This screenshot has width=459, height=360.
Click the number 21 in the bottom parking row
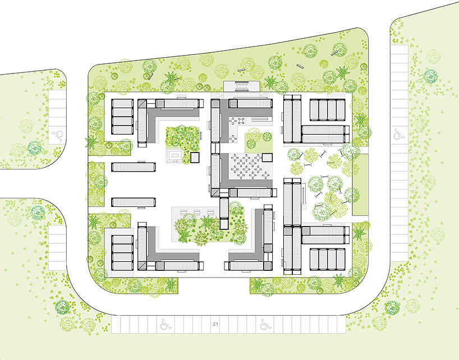pyautogui.click(x=215, y=324)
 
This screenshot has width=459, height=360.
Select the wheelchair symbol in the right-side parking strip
pyautogui.click(x=399, y=135)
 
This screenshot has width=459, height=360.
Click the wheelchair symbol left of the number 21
pyautogui.click(x=166, y=324)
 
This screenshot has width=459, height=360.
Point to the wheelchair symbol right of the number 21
pyautogui.click(x=266, y=324)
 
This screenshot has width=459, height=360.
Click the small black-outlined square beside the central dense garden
pyautogui.click(x=195, y=158)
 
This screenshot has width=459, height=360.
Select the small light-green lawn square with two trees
pyautogui.click(x=259, y=143)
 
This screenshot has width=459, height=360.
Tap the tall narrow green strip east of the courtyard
pyautogui.click(x=360, y=185)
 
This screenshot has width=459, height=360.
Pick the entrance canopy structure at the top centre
pyautogui.click(x=241, y=86)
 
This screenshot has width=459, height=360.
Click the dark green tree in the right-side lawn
pyautogui.click(x=430, y=76)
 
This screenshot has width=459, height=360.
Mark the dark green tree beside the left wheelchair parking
pyautogui.click(x=35, y=148)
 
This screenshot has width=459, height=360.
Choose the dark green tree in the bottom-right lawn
pyautogui.click(x=392, y=308)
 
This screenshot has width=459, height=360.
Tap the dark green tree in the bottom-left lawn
pyautogui.click(x=62, y=307)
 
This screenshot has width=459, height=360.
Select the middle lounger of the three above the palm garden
pyautogui.click(x=198, y=213)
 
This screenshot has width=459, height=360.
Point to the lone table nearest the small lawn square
pyautogui.click(x=233, y=139)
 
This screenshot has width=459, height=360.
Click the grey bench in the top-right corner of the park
pyautogui.click(x=334, y=53)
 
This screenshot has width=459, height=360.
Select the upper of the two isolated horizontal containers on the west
pyautogui.click(x=133, y=167)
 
